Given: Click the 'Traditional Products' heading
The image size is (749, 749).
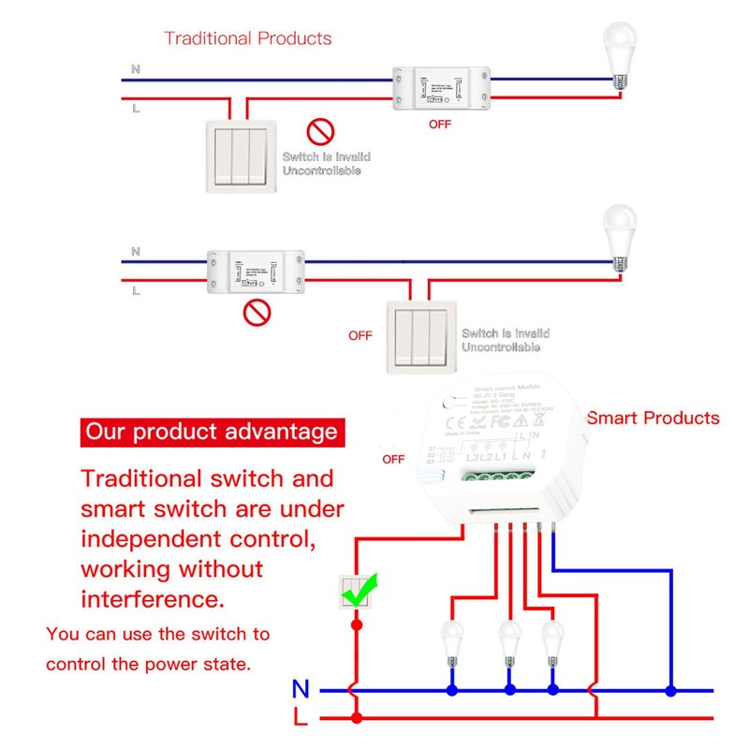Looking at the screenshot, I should pyautogui.click(x=248, y=38).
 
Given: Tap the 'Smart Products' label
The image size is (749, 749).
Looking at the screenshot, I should pyautogui.click(x=653, y=418).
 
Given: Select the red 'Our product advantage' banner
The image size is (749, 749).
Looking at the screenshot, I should pyautogui.click(x=211, y=432).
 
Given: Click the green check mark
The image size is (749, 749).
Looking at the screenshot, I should pyautogui.click(x=362, y=588).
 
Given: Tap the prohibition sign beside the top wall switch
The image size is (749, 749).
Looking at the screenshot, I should pyautogui.click(x=320, y=132).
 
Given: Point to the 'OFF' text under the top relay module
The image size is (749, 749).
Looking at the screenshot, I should pyautogui.click(x=439, y=124).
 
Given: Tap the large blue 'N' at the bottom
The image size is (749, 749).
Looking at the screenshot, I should pyautogui.click(x=300, y=690).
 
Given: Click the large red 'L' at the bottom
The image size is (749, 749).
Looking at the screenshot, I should pyautogui.click(x=300, y=719).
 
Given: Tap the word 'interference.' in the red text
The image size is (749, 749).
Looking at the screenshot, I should pyautogui.click(x=154, y=598).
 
